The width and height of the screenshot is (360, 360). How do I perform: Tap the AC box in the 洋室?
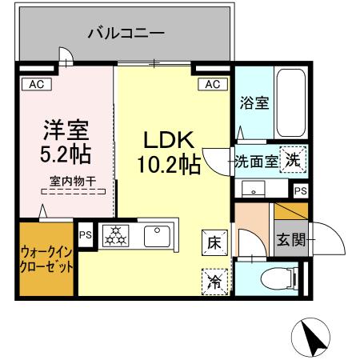[x=36, y=83]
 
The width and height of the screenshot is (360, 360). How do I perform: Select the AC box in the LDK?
[x=212, y=84]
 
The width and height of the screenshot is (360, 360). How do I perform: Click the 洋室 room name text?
[x=66, y=129]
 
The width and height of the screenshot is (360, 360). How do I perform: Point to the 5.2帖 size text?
[x=66, y=153]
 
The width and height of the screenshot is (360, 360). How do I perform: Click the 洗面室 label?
[x=256, y=160]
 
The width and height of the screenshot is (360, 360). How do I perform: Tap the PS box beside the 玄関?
[x=300, y=191]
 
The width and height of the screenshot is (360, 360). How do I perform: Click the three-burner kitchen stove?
[x=116, y=235]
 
